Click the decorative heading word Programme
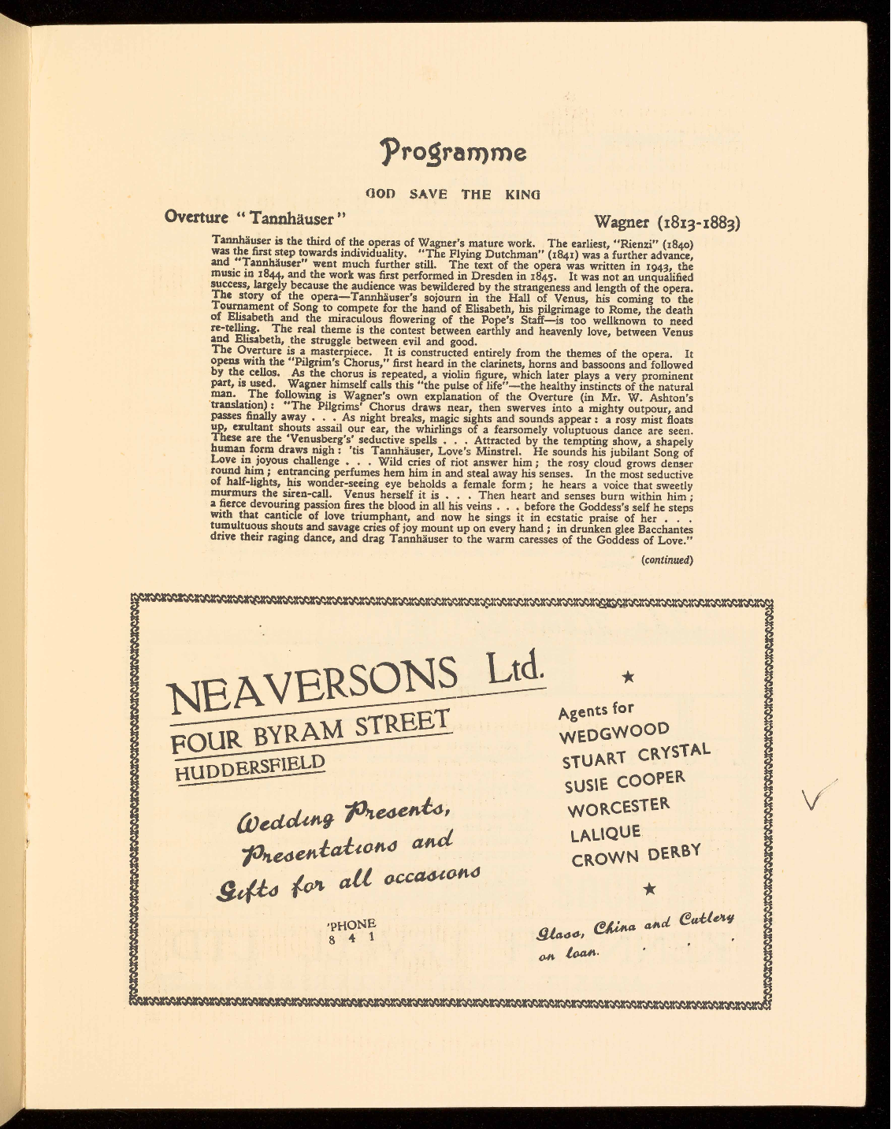click(453, 150)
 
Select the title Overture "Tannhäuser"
click(255, 216)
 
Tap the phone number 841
click(351, 932)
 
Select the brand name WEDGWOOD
click(614, 732)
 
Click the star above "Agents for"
click(628, 676)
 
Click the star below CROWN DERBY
click(650, 889)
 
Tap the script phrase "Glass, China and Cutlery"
click(635, 928)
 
